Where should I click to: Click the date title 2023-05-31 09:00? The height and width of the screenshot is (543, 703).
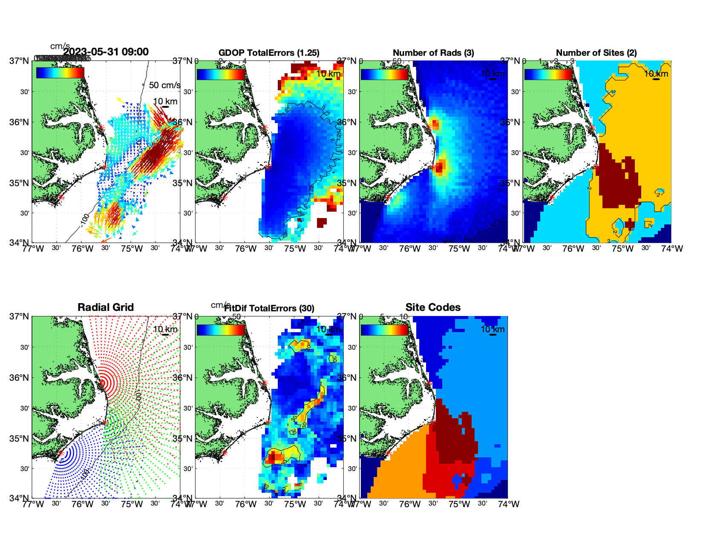(x=106, y=52)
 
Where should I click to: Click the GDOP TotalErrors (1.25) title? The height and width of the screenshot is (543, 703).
(x=269, y=53)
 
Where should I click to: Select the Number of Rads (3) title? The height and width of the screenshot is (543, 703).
(x=433, y=53)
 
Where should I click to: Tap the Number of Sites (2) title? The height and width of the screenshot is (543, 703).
(x=596, y=53)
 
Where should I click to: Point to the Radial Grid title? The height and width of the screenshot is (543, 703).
(x=106, y=307)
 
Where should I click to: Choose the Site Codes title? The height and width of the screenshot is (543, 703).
(x=433, y=307)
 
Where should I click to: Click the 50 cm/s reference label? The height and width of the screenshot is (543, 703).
(x=164, y=85)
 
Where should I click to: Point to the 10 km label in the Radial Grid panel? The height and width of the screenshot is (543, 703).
(x=165, y=329)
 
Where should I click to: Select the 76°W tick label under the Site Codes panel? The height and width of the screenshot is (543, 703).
(x=410, y=504)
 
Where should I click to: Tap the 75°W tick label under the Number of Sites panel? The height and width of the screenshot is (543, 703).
(x=622, y=249)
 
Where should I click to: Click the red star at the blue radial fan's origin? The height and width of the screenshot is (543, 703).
(x=61, y=453)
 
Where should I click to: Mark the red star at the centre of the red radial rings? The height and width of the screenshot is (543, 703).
(x=101, y=383)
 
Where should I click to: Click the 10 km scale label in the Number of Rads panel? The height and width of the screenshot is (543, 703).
(x=493, y=74)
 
